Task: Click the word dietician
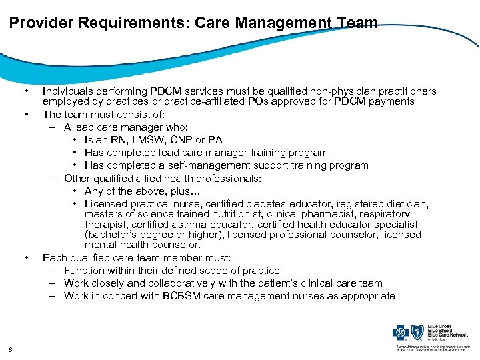tap(407, 203)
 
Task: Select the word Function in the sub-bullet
tap(85, 270)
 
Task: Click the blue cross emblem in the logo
tap(402, 331)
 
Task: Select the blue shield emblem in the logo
tap(418, 331)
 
